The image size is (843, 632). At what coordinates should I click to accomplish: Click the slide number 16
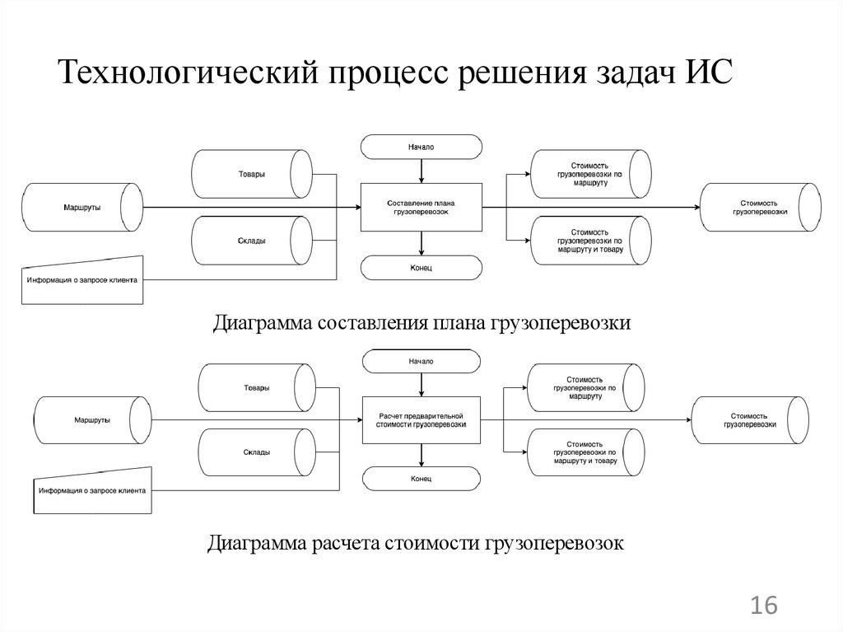[x=763, y=606]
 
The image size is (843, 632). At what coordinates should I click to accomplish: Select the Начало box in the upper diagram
[x=421, y=147]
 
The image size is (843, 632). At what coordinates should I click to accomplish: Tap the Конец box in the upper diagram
[x=421, y=268]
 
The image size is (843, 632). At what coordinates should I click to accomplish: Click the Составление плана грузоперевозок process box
[x=421, y=207]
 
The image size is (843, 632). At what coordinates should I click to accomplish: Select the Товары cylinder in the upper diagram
[x=252, y=174]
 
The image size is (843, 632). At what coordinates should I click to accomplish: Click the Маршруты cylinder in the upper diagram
[x=82, y=207]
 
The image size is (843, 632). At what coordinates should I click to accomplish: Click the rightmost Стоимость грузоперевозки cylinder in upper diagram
[x=759, y=207]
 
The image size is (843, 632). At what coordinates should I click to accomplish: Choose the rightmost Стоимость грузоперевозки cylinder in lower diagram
[x=749, y=420]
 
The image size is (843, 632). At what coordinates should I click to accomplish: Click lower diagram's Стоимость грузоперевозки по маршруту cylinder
[x=584, y=387]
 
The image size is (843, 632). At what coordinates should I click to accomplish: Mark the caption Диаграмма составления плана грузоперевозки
[x=421, y=323]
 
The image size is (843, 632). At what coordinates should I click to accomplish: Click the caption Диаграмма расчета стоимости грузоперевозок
[x=416, y=543]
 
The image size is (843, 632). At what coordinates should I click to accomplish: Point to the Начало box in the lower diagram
[x=421, y=361]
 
